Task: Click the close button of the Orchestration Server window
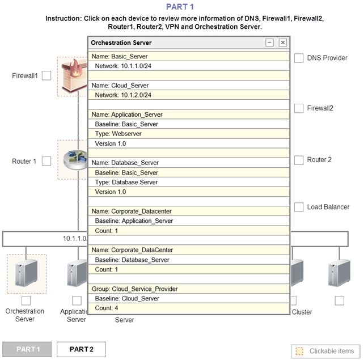point(282,43)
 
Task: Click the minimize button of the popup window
point(269,43)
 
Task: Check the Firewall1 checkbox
point(46,75)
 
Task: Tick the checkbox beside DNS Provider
point(299,58)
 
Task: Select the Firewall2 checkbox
point(299,108)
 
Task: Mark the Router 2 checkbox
point(299,160)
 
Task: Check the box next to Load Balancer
point(299,207)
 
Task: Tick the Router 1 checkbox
point(46,161)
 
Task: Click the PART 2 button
point(81,349)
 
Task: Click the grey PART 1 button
point(27,349)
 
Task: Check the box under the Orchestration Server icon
point(26,300)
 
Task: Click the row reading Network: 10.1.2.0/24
point(189,95)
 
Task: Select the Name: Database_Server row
point(189,163)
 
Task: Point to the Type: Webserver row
point(189,134)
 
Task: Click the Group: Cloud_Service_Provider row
point(189,289)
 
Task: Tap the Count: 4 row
point(189,308)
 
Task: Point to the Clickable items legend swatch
point(299,351)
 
